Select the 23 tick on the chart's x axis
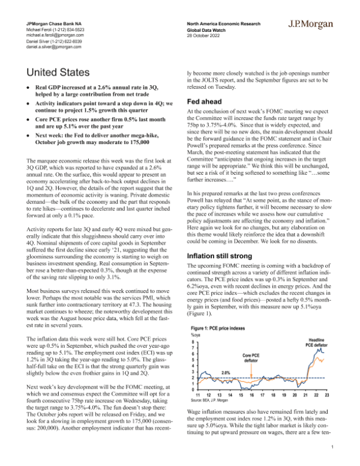pos(326,394)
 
